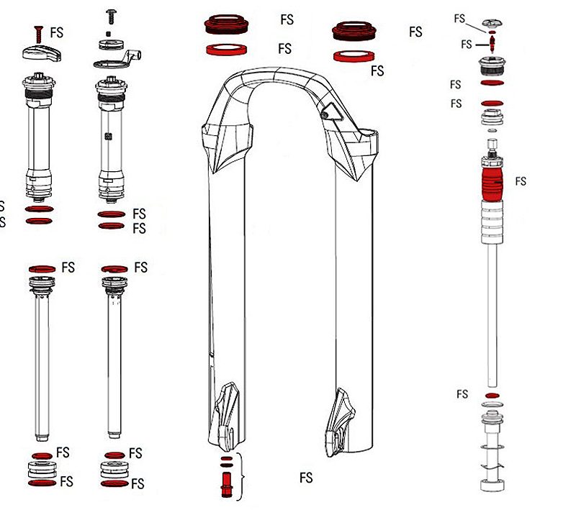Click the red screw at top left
[x=36, y=33]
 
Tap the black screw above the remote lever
[x=111, y=14]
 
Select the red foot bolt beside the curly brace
[x=225, y=480]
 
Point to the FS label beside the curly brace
[x=306, y=478]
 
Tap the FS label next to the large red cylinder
[x=520, y=181]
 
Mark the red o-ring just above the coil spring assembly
[x=492, y=396]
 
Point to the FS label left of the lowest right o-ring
[x=462, y=394]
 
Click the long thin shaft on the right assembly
[x=492, y=309]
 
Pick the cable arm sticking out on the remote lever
[x=134, y=56]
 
